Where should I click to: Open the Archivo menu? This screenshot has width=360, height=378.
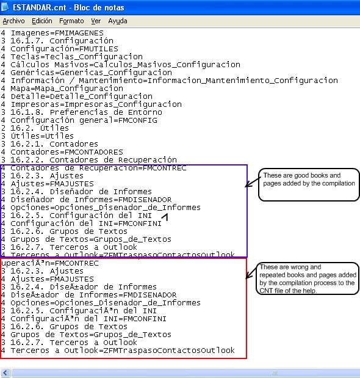13,21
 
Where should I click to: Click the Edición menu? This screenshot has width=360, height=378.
42,21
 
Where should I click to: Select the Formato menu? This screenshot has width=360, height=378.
71,21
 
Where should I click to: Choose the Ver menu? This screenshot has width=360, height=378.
96,21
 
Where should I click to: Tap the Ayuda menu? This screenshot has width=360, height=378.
118,21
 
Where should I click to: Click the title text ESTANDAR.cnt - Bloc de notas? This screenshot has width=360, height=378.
68,7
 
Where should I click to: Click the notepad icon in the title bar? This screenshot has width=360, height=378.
5,7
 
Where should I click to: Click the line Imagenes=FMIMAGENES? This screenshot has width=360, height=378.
52,33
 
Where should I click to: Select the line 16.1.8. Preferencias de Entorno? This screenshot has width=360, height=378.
81,112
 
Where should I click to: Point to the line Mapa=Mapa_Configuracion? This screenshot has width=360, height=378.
62,89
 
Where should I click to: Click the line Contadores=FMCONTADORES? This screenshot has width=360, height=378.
62,152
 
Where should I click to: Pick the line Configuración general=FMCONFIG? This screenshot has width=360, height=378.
79,120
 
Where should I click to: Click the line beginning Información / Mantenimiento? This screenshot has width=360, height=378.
169,80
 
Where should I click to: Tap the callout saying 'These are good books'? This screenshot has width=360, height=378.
309,184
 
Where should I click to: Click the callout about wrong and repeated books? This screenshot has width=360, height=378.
308,278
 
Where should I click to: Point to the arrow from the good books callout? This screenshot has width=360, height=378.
253,182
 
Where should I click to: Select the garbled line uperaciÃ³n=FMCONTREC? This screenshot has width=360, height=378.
49,263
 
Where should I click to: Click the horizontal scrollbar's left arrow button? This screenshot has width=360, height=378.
5,373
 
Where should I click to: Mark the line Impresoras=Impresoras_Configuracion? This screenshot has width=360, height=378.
92,104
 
